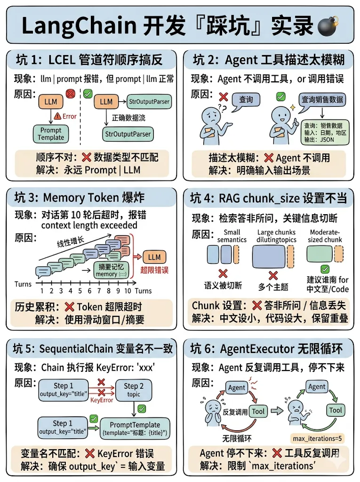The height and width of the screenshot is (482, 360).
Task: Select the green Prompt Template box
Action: click(51, 134)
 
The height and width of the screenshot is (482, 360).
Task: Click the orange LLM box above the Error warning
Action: click(51, 102)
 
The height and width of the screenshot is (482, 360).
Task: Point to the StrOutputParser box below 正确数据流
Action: click(128, 134)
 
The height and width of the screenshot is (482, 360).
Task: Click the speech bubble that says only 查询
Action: click(246, 100)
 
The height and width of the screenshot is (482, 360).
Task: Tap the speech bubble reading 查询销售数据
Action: click(322, 100)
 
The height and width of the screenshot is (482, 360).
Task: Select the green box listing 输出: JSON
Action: click(325, 133)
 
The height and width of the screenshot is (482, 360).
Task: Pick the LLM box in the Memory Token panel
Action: click(154, 257)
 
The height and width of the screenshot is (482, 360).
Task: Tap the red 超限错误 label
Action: click(154, 271)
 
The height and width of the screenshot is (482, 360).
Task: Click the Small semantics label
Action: click(232, 236)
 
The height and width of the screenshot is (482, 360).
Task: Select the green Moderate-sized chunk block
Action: click(320, 255)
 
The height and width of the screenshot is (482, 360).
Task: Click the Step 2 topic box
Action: click(134, 390)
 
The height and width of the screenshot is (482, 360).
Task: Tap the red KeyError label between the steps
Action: click(102, 400)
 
